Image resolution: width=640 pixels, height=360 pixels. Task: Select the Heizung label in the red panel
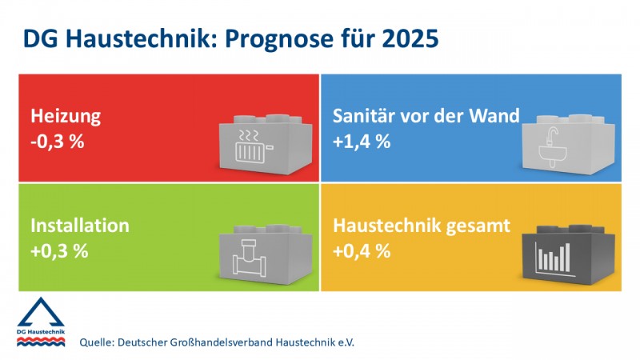click(x=66, y=116)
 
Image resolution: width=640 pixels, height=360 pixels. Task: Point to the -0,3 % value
click(x=57, y=142)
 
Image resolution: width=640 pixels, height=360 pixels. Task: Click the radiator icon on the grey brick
click(x=253, y=146)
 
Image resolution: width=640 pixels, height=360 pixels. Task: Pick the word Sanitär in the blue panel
click(x=364, y=115)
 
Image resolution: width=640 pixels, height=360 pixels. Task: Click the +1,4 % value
click(x=362, y=142)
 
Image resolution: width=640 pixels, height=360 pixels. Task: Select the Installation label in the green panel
click(x=80, y=226)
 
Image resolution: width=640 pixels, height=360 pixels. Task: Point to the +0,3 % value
click(x=59, y=251)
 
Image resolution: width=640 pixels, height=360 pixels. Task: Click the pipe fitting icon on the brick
click(x=249, y=257)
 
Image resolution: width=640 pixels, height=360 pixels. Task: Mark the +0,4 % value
click(x=362, y=251)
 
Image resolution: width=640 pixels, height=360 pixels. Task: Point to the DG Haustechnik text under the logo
click(x=41, y=332)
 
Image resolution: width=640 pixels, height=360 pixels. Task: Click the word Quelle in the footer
click(x=95, y=342)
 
